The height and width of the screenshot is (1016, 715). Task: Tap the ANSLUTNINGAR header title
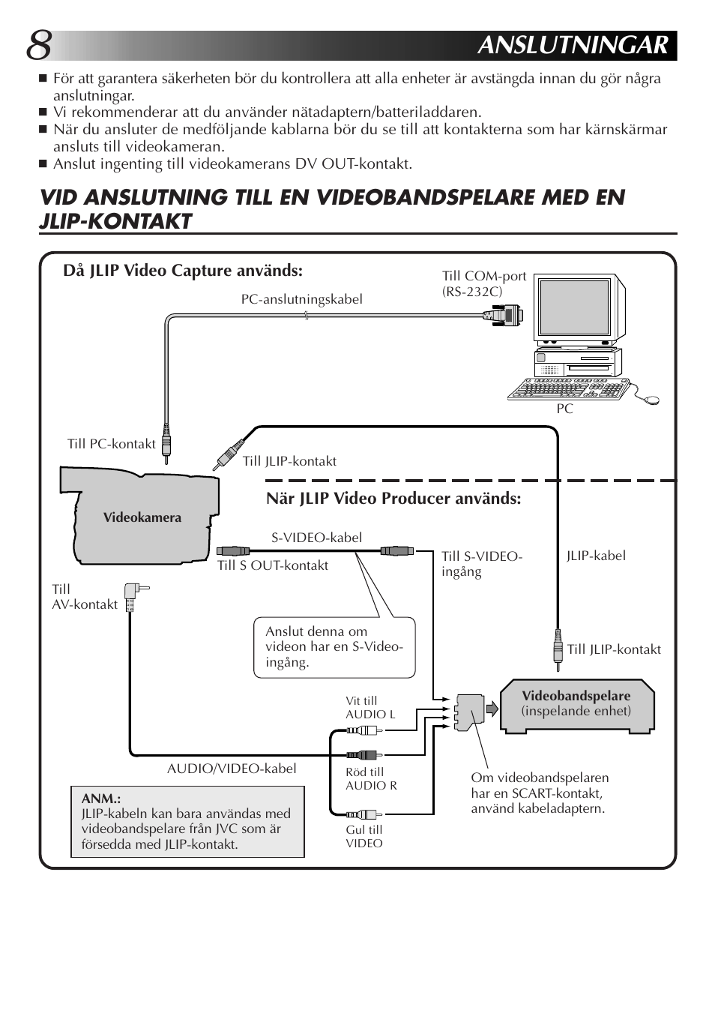pos(572,46)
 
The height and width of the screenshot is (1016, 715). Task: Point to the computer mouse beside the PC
pos(652,400)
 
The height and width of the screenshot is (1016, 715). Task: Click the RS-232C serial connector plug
pos(505,315)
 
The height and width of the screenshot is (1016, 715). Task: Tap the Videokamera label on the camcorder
pos(142,517)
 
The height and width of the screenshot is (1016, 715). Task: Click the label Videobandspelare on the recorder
pos(576,696)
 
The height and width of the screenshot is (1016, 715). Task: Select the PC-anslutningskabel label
pos(301,299)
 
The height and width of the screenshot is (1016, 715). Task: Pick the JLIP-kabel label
pos(596,556)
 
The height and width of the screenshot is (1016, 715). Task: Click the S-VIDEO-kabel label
pos(316,538)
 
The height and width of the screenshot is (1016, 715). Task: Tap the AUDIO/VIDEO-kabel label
pos(232,769)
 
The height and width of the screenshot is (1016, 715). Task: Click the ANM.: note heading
pos(101,799)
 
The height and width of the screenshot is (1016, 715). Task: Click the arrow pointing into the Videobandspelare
pos(492,709)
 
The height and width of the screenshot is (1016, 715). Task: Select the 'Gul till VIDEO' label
pos(364,836)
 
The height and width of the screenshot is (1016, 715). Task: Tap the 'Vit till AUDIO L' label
pos(369,708)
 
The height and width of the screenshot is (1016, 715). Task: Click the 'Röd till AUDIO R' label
pos(371,778)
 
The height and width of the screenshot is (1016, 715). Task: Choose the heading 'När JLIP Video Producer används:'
pos(393,499)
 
